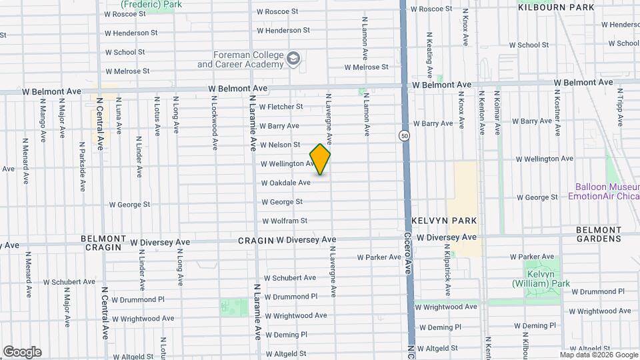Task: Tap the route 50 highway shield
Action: pos(404,136)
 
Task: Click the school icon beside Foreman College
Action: pos(293,60)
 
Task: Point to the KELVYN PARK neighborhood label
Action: pos(437,220)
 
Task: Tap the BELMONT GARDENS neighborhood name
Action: pos(599,234)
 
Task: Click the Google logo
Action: pos(22,352)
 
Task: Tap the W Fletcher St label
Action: pos(281,107)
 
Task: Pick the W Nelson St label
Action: pos(279,145)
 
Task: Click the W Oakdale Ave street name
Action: pos(285,183)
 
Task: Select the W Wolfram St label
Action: pos(284,221)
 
